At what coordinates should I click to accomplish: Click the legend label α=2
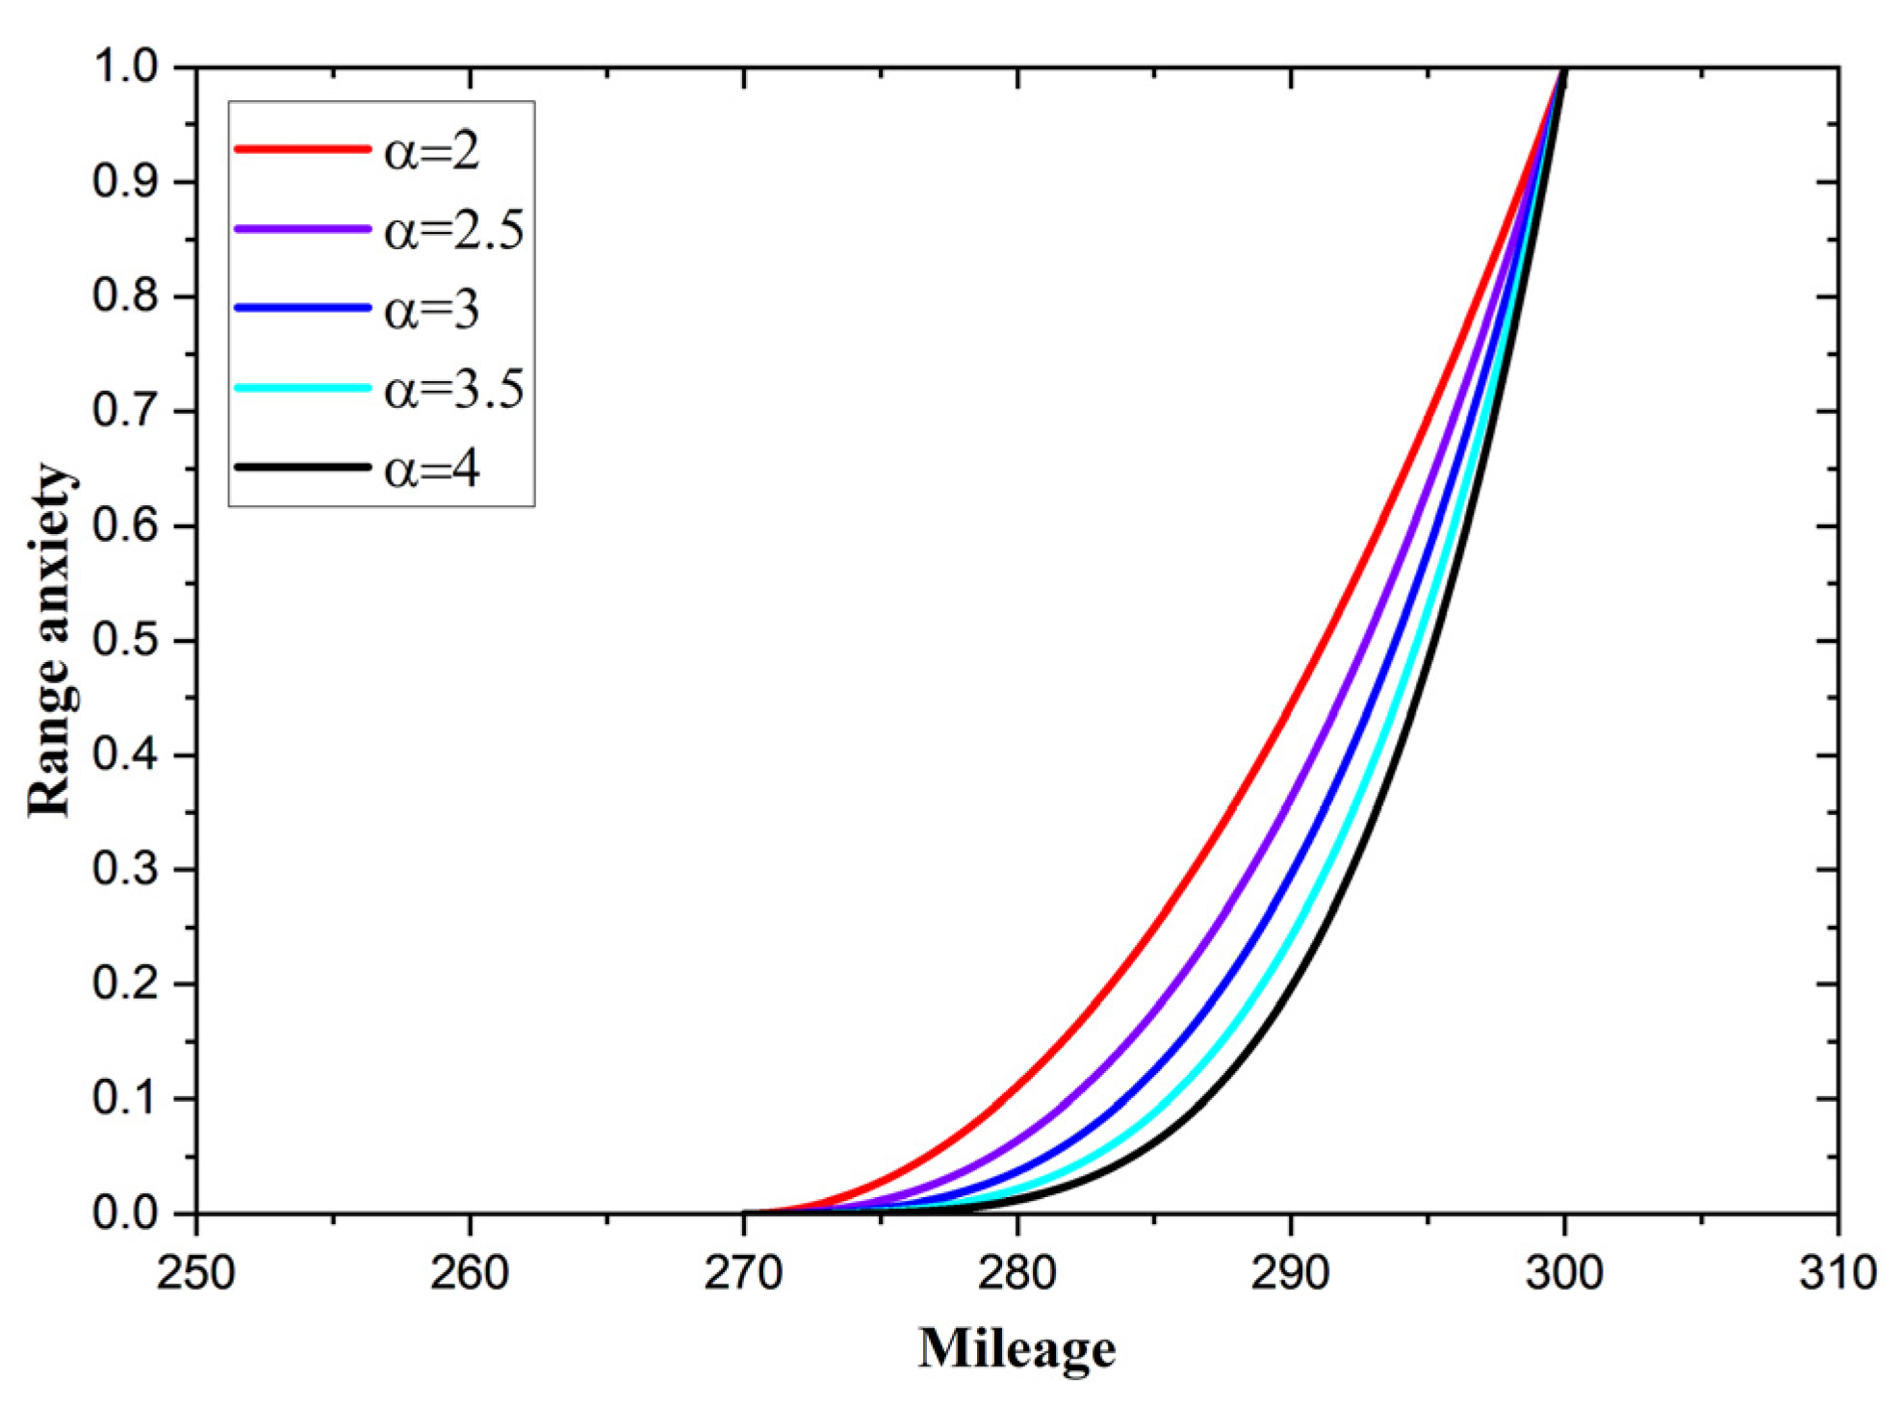431,151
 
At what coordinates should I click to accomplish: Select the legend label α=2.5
454,231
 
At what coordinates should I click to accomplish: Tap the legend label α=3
431,310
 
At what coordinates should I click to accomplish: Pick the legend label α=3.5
454,390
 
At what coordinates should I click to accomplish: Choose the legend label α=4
431,470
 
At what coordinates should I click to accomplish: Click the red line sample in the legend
302,149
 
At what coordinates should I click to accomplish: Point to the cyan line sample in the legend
302,388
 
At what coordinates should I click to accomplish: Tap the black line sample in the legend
302,468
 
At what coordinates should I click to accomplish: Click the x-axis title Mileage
1016,1348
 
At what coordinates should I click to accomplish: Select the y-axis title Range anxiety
50,641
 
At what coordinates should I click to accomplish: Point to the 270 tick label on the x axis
743,1273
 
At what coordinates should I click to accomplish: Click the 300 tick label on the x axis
1564,1273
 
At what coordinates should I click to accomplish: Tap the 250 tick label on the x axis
196,1273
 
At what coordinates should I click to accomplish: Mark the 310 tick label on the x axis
1838,1273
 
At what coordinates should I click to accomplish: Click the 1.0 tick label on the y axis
124,67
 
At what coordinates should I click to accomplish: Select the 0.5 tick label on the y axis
124,641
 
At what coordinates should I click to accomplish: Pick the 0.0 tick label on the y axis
124,1213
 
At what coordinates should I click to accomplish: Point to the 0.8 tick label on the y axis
124,296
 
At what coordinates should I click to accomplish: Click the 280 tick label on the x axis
1017,1273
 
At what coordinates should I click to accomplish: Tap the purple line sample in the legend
302,229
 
